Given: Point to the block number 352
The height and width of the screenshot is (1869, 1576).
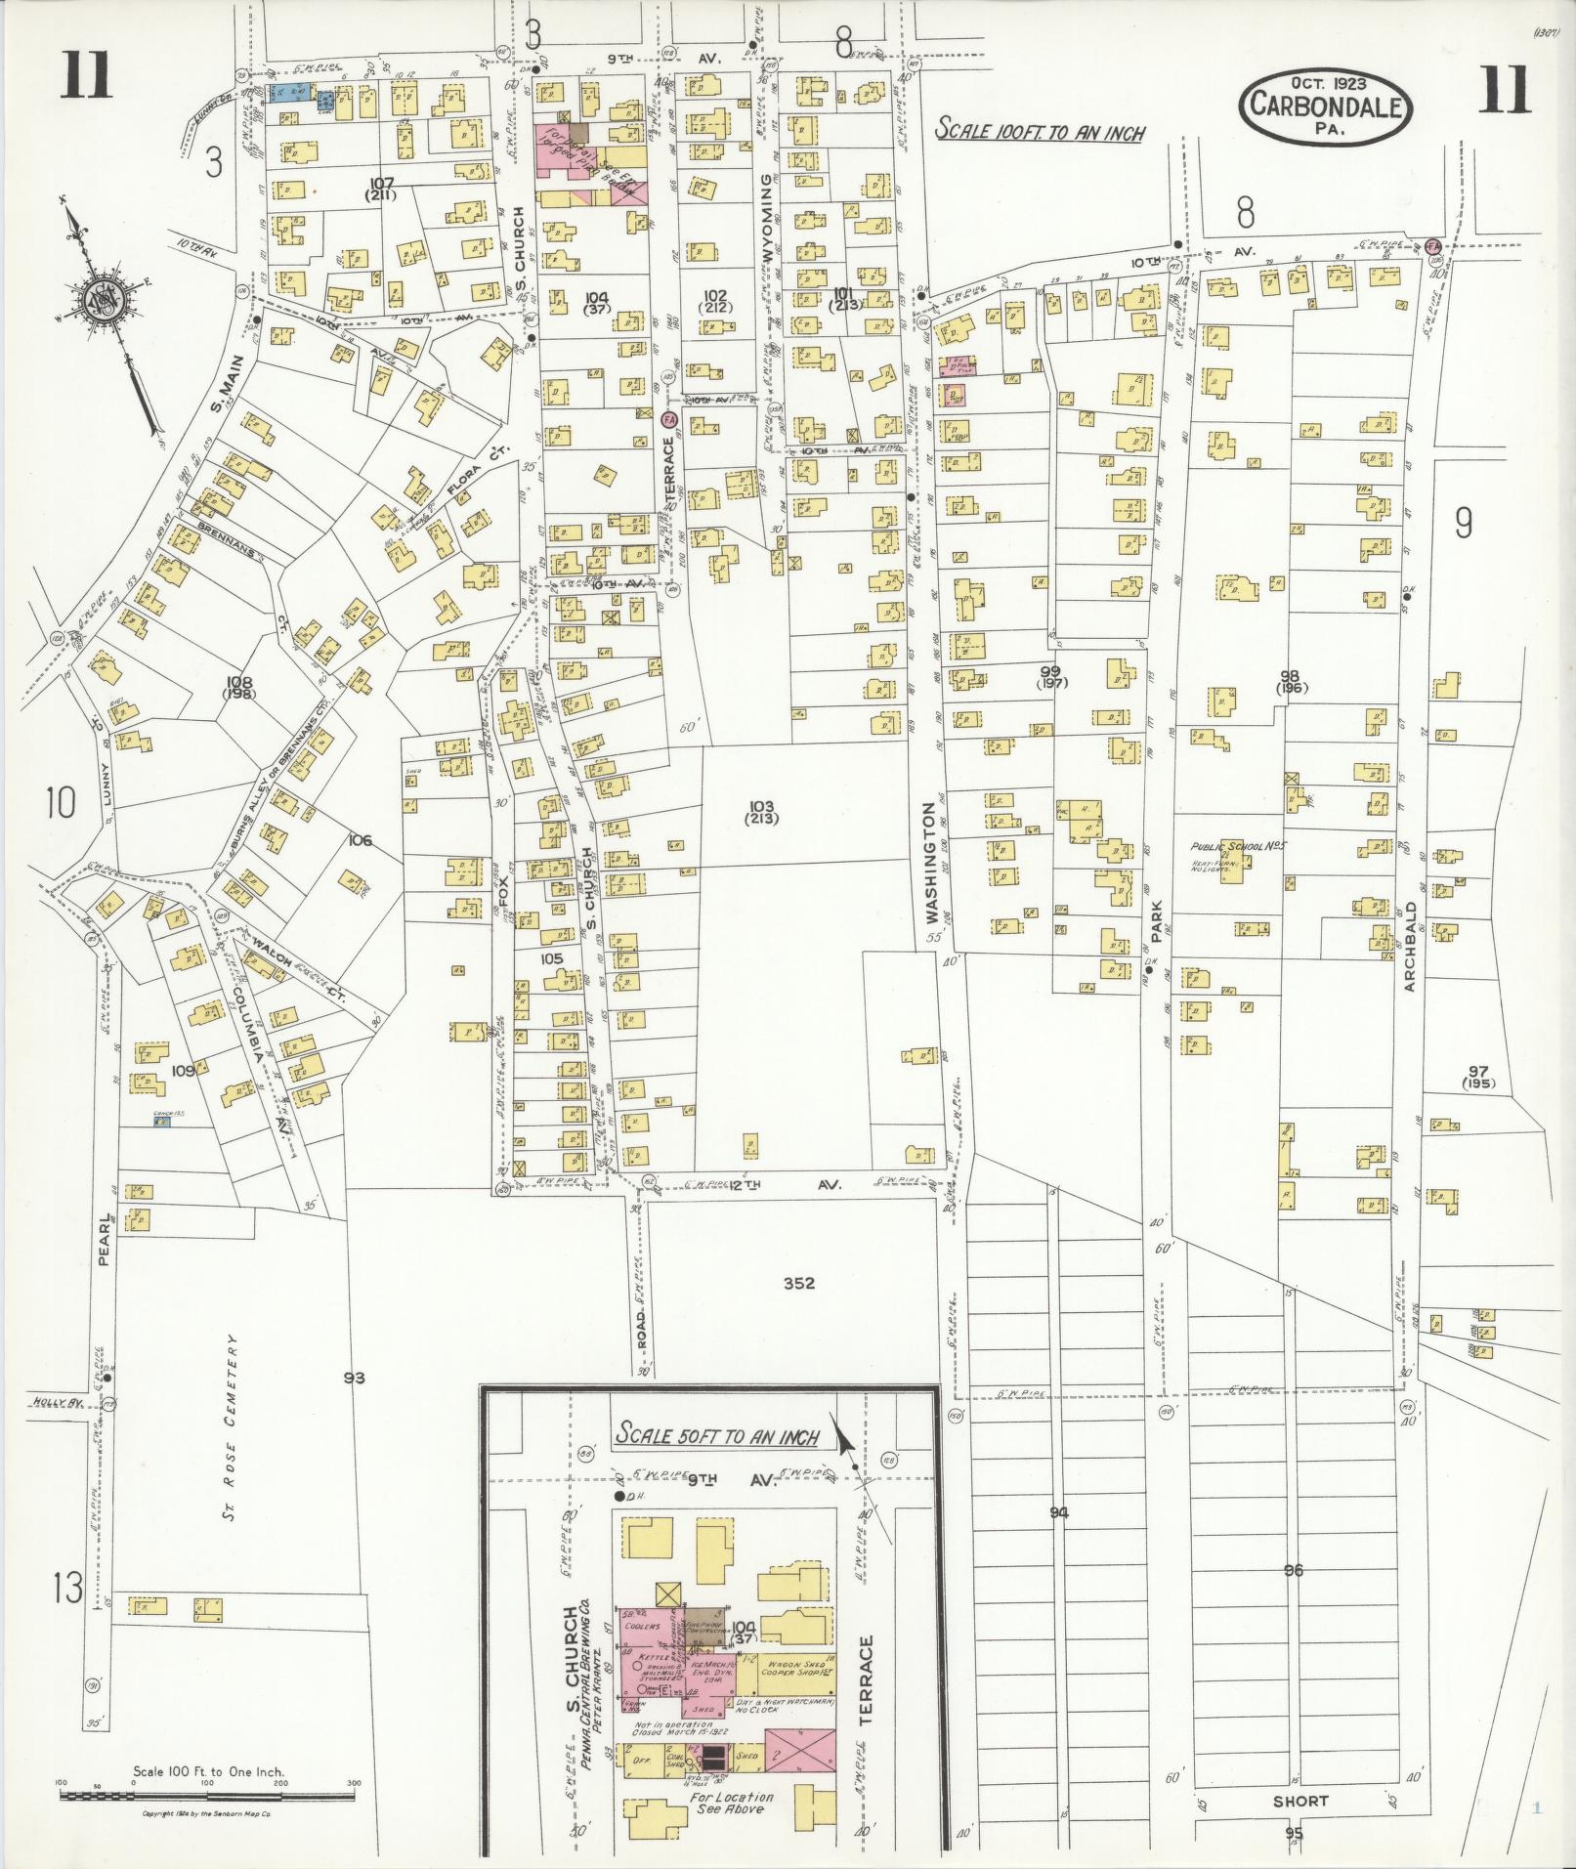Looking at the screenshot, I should pos(798,1284).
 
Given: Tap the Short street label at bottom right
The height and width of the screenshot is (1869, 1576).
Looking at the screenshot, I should pos(1300,1801).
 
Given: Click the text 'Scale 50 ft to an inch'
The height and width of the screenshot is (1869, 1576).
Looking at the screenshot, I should pos(717,1435).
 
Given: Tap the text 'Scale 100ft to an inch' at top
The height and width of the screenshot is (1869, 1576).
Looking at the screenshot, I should pos(1039,130).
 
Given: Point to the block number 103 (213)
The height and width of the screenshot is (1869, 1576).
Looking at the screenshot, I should pos(760,812).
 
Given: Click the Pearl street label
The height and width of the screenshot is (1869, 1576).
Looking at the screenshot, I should pos(106,1245).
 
